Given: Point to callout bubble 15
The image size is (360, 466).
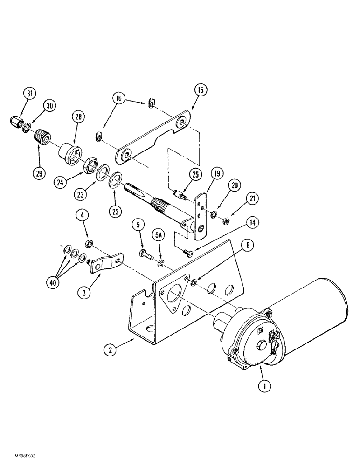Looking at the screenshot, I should [x=200, y=90].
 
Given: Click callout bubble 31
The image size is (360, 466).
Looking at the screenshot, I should [x=29, y=94].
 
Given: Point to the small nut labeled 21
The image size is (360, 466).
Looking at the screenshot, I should [x=223, y=220].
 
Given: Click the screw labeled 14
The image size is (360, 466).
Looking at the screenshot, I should [x=187, y=252].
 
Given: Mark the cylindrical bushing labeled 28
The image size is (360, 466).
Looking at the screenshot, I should [x=69, y=152].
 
